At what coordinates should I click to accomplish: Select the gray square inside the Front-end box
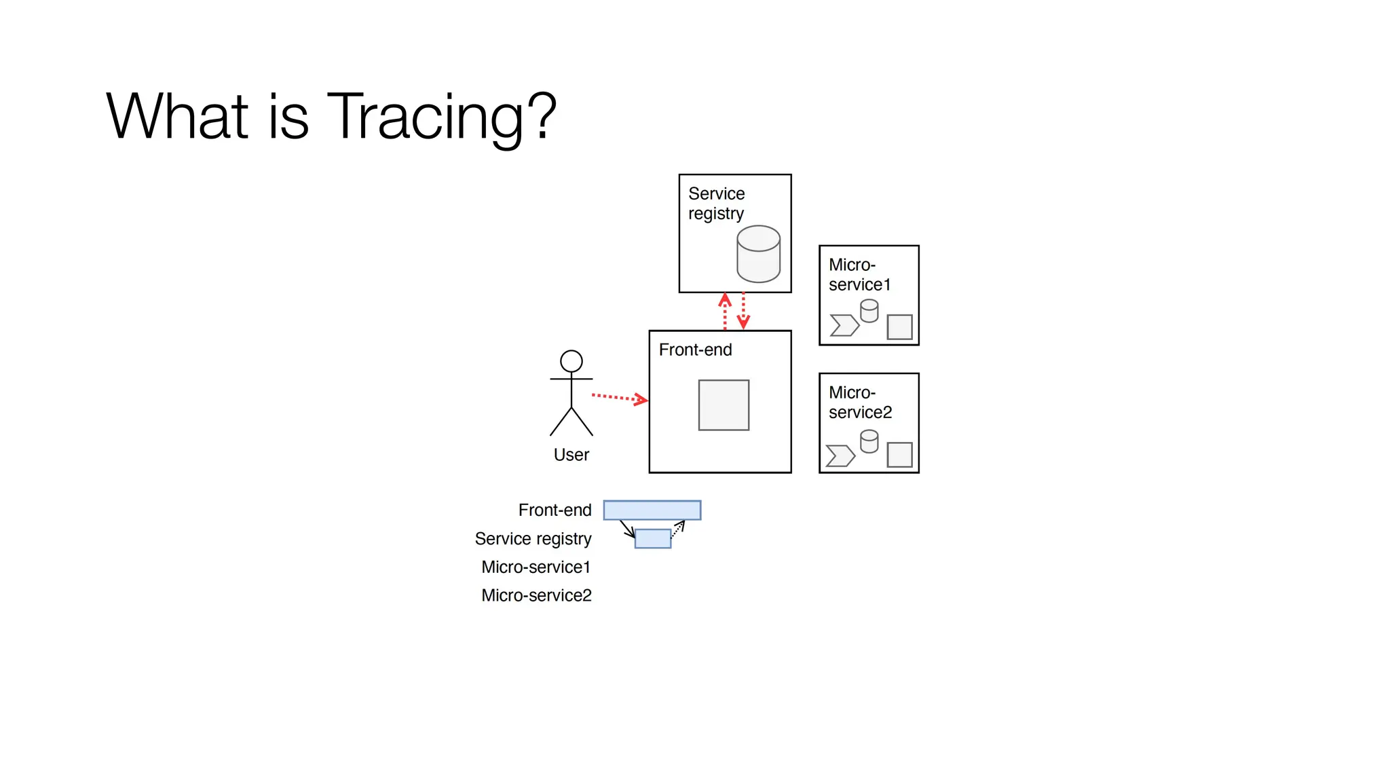click(724, 405)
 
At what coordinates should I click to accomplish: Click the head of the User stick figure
click(571, 361)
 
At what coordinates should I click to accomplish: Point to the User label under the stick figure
click(571, 455)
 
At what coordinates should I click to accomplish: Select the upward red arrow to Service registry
click(725, 312)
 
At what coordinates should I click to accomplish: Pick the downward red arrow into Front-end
click(743, 312)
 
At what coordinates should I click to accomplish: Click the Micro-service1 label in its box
click(859, 275)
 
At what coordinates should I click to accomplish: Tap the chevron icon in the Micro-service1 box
click(844, 325)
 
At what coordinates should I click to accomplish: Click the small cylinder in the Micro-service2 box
click(869, 441)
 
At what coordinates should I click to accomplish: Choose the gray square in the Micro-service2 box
click(899, 455)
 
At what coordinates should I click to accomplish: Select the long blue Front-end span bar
click(652, 510)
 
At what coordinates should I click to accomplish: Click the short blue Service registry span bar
click(652, 538)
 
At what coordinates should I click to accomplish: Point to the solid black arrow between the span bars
click(627, 529)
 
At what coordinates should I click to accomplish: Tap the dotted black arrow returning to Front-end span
click(677, 529)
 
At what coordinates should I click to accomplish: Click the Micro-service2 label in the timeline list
click(536, 595)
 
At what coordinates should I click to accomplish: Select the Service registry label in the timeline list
click(533, 538)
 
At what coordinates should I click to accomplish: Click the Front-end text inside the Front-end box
click(695, 350)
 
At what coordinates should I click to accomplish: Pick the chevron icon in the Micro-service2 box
click(840, 455)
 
